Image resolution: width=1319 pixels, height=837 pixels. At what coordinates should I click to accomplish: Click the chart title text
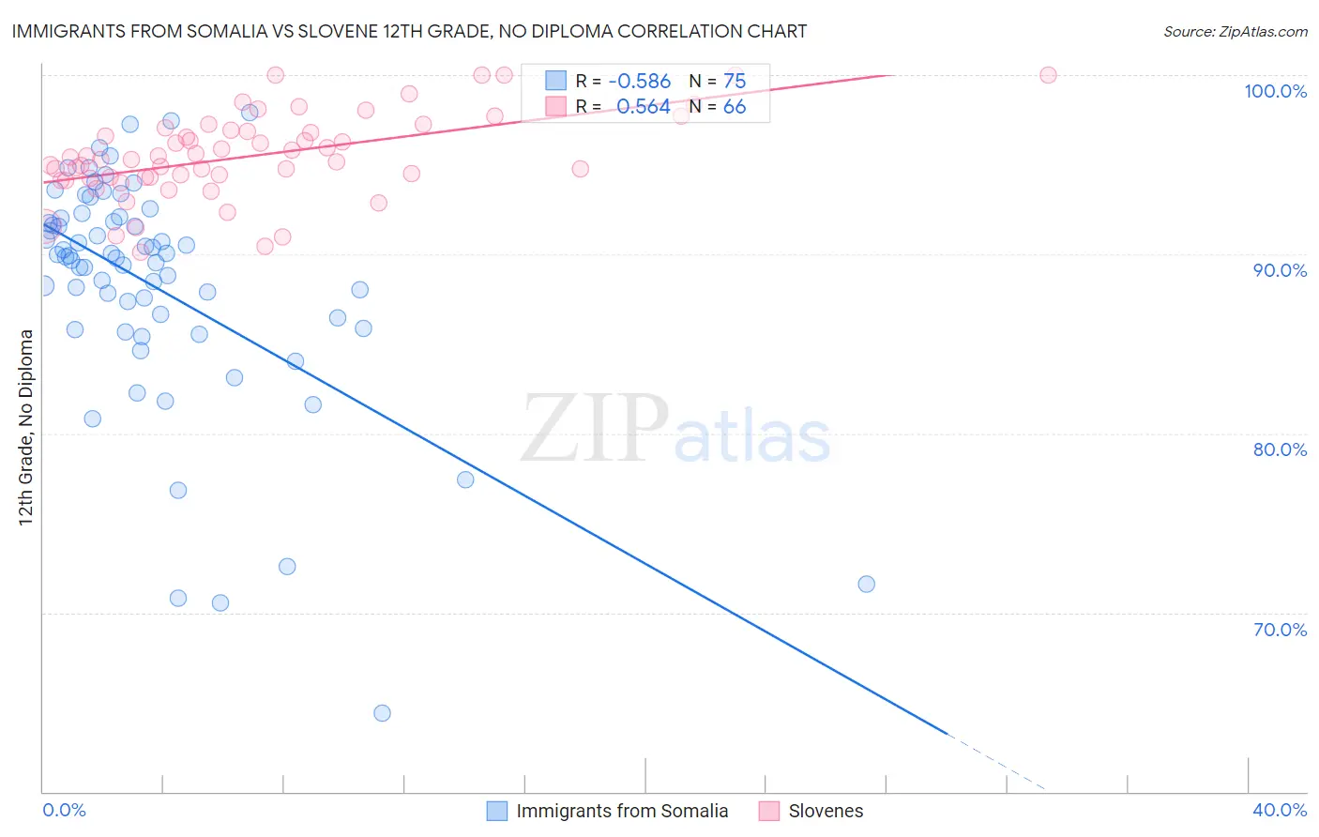(408, 32)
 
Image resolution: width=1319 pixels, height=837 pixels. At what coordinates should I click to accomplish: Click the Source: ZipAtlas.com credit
(1235, 32)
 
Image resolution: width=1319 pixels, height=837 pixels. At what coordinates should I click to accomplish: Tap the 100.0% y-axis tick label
(1275, 91)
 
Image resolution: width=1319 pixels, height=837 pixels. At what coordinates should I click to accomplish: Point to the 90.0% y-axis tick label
(1280, 270)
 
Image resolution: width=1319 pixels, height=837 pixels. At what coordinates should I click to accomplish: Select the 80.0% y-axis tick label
(1280, 449)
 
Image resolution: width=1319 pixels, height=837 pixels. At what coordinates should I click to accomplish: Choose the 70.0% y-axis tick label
(1280, 630)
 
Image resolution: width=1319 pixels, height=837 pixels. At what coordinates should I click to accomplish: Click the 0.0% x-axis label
(64, 810)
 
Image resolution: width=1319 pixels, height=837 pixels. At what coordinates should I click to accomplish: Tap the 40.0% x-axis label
(1280, 810)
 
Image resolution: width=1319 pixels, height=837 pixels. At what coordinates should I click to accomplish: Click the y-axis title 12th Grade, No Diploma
(26, 427)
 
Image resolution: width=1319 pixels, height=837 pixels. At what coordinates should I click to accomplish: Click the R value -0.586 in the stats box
(639, 82)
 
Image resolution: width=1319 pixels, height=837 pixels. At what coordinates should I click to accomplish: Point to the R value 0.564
(643, 107)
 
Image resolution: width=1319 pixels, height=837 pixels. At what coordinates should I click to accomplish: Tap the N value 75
(734, 82)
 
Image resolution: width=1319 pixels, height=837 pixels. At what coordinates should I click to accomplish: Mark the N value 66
(734, 107)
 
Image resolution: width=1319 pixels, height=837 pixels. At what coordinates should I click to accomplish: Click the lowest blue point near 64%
(382, 713)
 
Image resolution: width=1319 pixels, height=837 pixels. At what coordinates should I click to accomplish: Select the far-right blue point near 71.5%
(866, 585)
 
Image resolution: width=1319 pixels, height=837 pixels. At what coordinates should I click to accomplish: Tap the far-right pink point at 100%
(1048, 75)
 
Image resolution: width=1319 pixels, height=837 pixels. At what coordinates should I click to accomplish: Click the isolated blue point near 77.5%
(465, 479)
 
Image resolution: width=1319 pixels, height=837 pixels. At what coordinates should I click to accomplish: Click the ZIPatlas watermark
(675, 430)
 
